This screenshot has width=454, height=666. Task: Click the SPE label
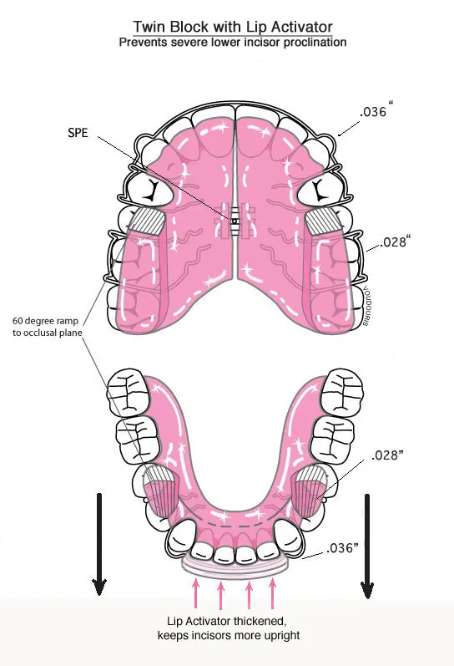pos(78,133)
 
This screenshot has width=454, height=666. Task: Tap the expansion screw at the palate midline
pos(235,221)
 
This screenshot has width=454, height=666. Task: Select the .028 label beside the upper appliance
pos(395,241)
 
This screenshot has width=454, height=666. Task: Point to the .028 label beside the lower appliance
pos(387,455)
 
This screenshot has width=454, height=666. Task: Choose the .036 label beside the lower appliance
pos(342,547)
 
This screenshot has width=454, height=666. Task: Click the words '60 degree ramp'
pos(45,321)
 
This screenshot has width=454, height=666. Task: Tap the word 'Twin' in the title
pos(149,27)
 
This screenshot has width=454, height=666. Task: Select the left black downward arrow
pos(98,544)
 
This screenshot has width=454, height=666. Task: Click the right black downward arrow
pos(367,547)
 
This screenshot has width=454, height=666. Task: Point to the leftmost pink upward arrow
pos(195,592)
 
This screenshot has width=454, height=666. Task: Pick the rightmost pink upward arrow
pos(272,593)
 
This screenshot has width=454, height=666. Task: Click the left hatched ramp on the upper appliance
pos(147,222)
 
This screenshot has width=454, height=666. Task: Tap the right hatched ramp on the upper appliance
pos(323,222)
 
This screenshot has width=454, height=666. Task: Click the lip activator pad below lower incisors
pos(235,566)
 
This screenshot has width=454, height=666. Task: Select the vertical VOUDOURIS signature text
pos(365,306)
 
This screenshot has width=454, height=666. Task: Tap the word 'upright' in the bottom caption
pos(282,635)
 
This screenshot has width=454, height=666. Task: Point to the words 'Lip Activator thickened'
pos(226,621)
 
